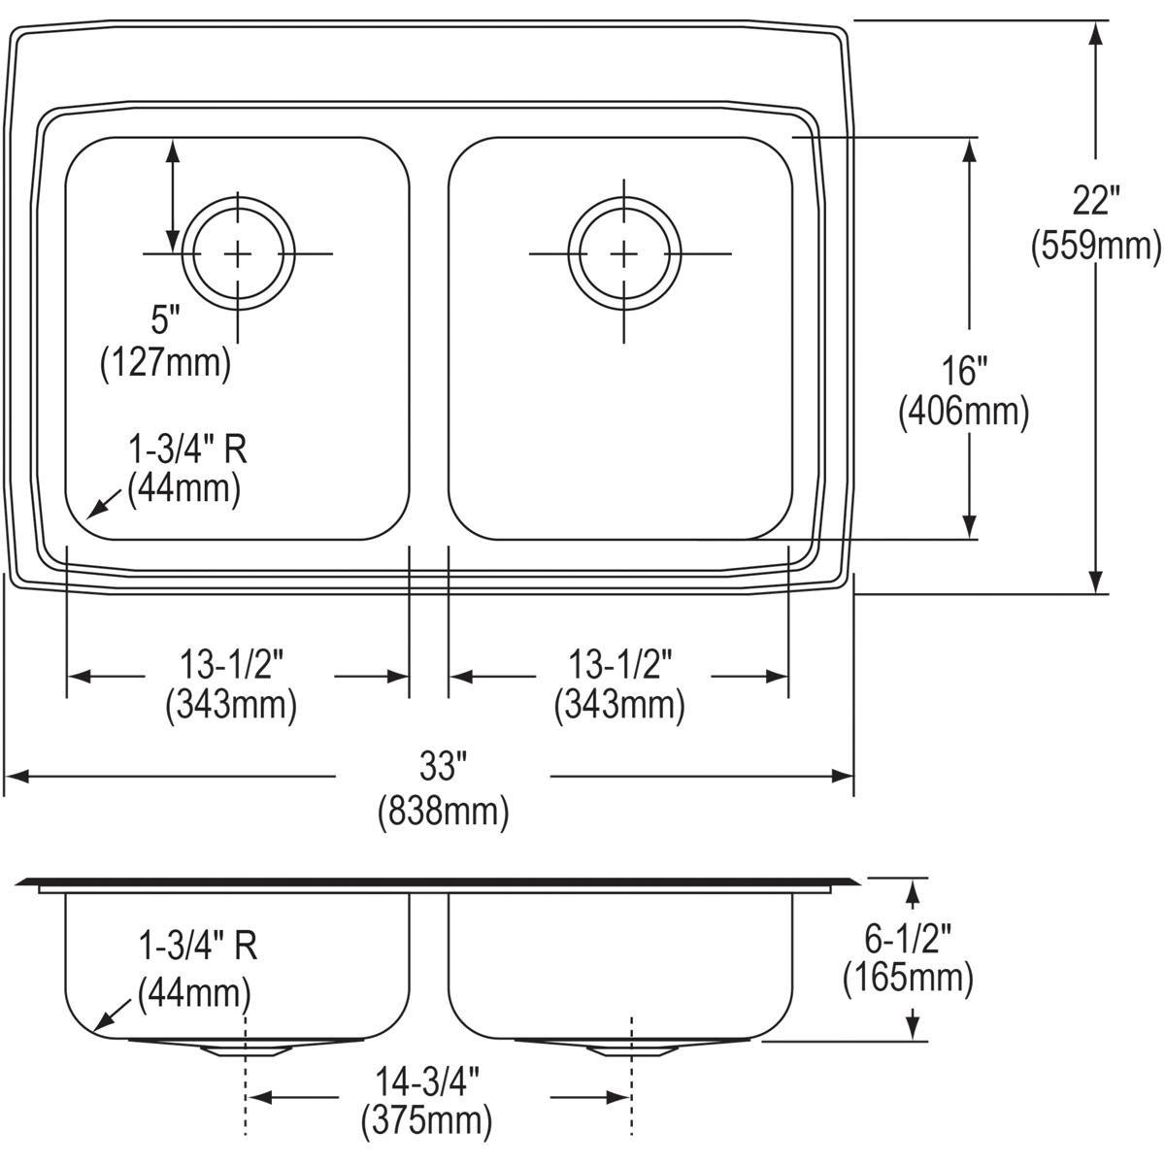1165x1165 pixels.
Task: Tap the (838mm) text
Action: point(443,812)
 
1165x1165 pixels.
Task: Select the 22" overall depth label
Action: point(1096,201)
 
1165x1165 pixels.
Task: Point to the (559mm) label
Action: point(1095,246)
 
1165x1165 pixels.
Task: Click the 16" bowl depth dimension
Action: point(964,370)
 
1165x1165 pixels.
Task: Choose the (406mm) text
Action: point(964,413)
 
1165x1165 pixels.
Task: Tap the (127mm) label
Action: point(166,363)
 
